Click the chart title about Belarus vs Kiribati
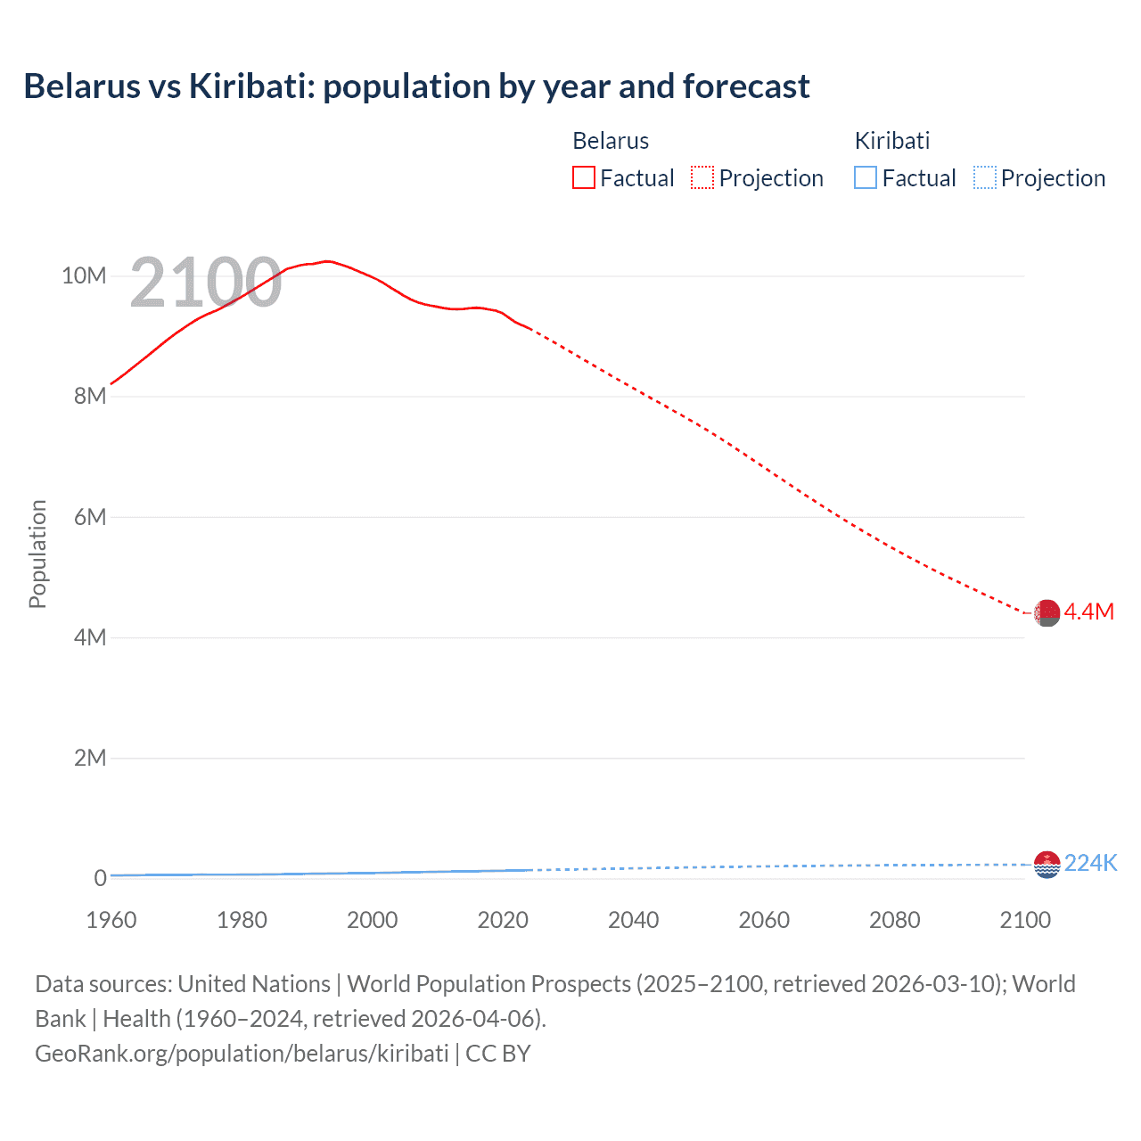click(416, 86)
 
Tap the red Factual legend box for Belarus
click(583, 178)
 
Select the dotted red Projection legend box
click(702, 178)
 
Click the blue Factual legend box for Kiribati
click(866, 178)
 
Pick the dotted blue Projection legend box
click(984, 178)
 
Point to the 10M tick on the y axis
click(84, 276)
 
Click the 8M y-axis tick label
click(90, 397)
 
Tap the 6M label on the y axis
click(90, 517)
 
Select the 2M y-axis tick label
click(90, 758)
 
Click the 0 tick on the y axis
click(100, 878)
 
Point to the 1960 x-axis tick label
click(111, 920)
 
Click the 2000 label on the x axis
click(373, 920)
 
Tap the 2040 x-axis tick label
click(634, 920)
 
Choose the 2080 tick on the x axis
click(895, 920)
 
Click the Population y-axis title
click(37, 554)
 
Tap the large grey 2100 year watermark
click(206, 283)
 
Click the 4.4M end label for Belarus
click(1089, 612)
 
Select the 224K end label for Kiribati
click(1091, 863)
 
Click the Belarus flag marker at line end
click(1047, 613)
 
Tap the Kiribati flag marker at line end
click(1047, 865)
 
